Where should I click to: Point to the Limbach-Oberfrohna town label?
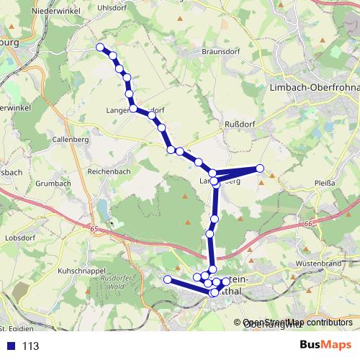312,86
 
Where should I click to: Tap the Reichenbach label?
107,173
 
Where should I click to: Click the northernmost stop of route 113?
101,48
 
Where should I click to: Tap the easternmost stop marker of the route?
260,168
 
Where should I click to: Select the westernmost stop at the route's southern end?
167,279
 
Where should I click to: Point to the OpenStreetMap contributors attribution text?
297,322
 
